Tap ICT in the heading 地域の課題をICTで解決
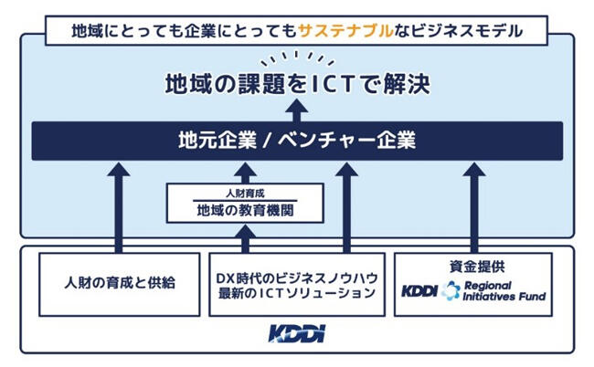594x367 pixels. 331,85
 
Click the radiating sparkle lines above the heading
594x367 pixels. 297,59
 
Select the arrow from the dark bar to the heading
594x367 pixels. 297,110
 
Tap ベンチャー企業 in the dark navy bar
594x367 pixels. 349,141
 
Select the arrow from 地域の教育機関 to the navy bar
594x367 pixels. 245,172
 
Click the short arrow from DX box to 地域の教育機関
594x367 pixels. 245,238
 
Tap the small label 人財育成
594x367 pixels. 245,194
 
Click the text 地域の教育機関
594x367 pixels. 245,211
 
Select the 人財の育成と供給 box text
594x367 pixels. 119,283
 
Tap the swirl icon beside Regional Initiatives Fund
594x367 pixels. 449,290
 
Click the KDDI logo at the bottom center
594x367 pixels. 296,333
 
